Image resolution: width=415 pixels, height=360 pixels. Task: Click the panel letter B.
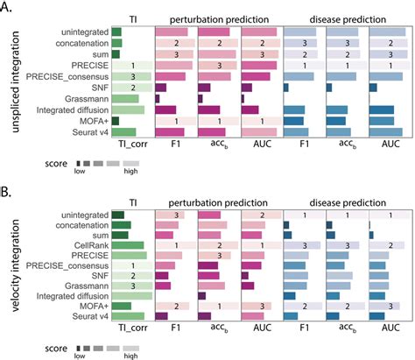click(x=4, y=193)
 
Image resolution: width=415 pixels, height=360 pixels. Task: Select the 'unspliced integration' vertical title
click(x=15, y=81)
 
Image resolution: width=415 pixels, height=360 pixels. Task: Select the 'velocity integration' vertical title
click(x=15, y=265)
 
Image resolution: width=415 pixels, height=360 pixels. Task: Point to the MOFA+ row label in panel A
click(x=94, y=121)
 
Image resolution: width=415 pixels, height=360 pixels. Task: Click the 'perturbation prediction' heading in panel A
click(x=219, y=19)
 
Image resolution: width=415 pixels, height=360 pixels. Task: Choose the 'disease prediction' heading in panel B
click(x=348, y=202)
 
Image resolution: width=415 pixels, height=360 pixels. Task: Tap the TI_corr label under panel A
click(x=133, y=144)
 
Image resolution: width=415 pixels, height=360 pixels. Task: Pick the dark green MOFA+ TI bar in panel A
click(x=116, y=121)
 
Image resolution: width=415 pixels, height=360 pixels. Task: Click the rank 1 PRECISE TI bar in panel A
click(x=132, y=66)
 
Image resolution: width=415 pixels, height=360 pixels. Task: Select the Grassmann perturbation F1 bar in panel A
click(x=158, y=99)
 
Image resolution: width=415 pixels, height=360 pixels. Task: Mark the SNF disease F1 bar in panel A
click(x=285, y=88)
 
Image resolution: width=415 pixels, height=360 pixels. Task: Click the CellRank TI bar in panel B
click(x=128, y=245)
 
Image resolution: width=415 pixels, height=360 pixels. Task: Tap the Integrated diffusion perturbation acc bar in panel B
click(x=202, y=296)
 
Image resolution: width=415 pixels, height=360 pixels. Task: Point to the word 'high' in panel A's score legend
click(x=130, y=171)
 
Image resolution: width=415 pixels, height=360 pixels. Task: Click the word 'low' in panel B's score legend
click(x=80, y=356)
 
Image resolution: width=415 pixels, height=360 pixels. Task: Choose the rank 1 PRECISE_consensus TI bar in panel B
click(x=132, y=265)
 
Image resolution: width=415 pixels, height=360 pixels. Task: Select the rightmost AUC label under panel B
click(x=390, y=328)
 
